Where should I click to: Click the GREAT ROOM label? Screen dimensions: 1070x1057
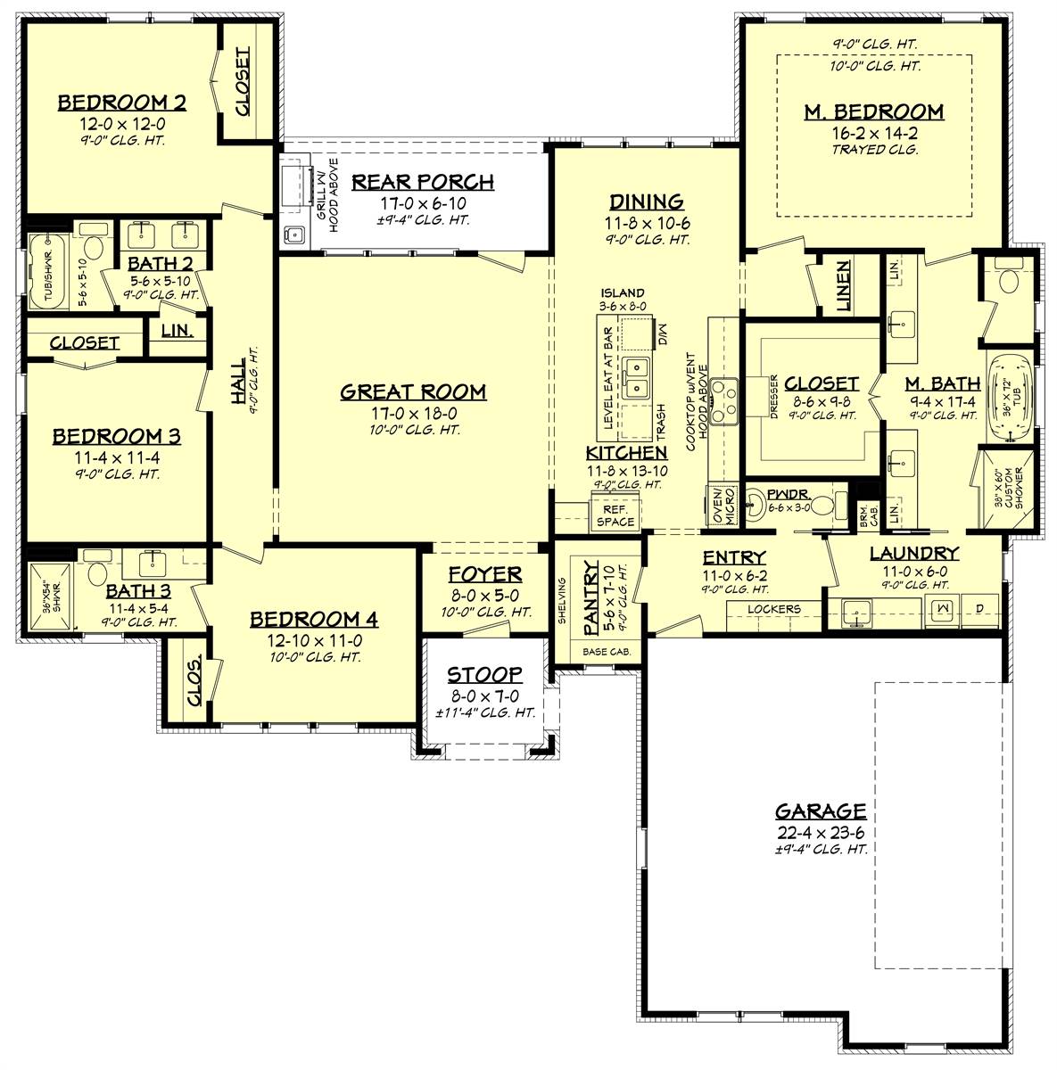click(413, 391)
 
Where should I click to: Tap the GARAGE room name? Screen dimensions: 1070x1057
click(820, 811)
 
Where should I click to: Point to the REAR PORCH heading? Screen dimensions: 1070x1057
click(422, 183)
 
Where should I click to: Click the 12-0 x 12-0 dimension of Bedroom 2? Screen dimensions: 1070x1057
click(121, 123)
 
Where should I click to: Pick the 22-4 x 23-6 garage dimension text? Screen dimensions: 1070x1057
click(820, 833)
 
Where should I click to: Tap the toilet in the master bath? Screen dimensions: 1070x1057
click(1010, 282)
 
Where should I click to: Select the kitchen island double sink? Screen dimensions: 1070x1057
click(639, 376)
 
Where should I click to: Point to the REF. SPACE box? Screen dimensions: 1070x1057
click(615, 515)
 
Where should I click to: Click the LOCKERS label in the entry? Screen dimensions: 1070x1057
click(773, 610)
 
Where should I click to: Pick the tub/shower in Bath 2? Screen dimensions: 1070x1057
click(43, 271)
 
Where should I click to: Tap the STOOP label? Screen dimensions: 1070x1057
click(484, 675)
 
